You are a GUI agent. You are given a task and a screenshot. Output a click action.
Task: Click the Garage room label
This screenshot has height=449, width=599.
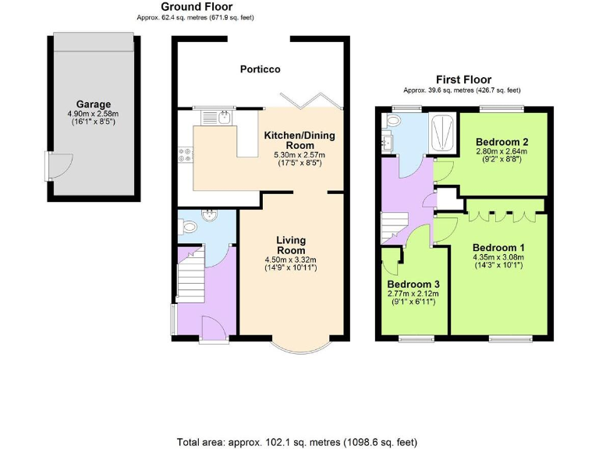pyautogui.click(x=94, y=104)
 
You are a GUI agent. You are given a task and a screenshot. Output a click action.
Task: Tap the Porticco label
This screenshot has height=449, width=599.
pyautogui.click(x=260, y=69)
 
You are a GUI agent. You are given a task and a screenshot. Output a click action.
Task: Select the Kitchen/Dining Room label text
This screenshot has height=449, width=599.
pyautogui.click(x=299, y=140)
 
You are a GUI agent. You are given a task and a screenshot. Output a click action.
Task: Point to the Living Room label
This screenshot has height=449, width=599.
pyautogui.click(x=291, y=246)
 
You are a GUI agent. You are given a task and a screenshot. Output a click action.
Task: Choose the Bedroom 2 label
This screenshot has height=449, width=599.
pyautogui.click(x=502, y=142)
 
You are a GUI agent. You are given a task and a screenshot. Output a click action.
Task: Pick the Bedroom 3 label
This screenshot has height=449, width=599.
pyautogui.click(x=413, y=284)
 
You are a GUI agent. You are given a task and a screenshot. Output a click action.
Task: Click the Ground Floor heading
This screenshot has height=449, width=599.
pyautogui.click(x=196, y=7)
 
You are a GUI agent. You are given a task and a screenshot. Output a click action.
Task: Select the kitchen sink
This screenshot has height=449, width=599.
pyautogui.click(x=224, y=118)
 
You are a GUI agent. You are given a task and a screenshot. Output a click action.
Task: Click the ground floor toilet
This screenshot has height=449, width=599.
pyautogui.click(x=186, y=226)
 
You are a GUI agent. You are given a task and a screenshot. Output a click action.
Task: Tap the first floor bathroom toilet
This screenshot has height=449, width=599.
pyautogui.click(x=392, y=121)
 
